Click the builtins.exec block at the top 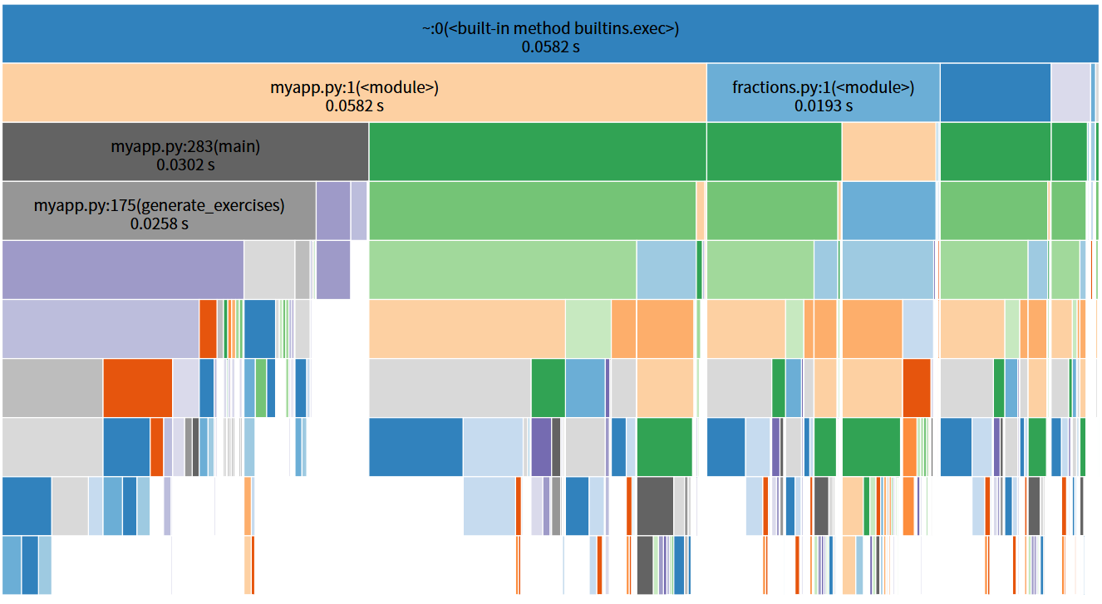click(x=550, y=28)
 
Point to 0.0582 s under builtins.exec click(x=550, y=47)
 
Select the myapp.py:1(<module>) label click(x=354, y=87)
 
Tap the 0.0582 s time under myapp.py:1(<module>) click(x=354, y=106)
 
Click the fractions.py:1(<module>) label click(x=823, y=87)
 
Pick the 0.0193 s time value click(x=823, y=106)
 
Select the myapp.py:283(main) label click(x=185, y=147)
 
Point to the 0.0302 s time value click(x=185, y=165)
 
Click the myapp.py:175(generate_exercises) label click(x=159, y=205)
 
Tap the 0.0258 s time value click(x=159, y=223)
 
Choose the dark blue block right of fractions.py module click(x=995, y=92)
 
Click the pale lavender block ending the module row click(x=1070, y=92)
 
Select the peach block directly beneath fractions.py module click(x=888, y=151)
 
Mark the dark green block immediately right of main click(x=537, y=151)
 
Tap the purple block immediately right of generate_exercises click(x=332, y=210)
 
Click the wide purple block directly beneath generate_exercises click(x=123, y=270)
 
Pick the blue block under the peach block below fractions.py click(x=888, y=210)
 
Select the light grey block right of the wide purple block click(x=268, y=270)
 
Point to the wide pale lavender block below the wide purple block click(x=100, y=329)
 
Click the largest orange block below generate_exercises click(x=137, y=388)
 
